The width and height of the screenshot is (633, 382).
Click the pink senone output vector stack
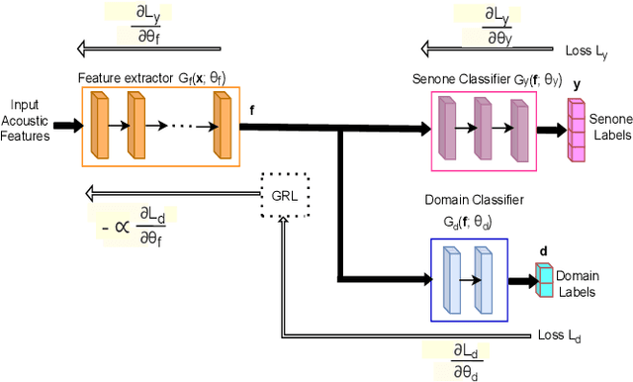[577, 131]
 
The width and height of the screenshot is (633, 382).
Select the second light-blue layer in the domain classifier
[484, 280]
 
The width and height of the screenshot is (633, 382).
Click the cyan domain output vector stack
[543, 280]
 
